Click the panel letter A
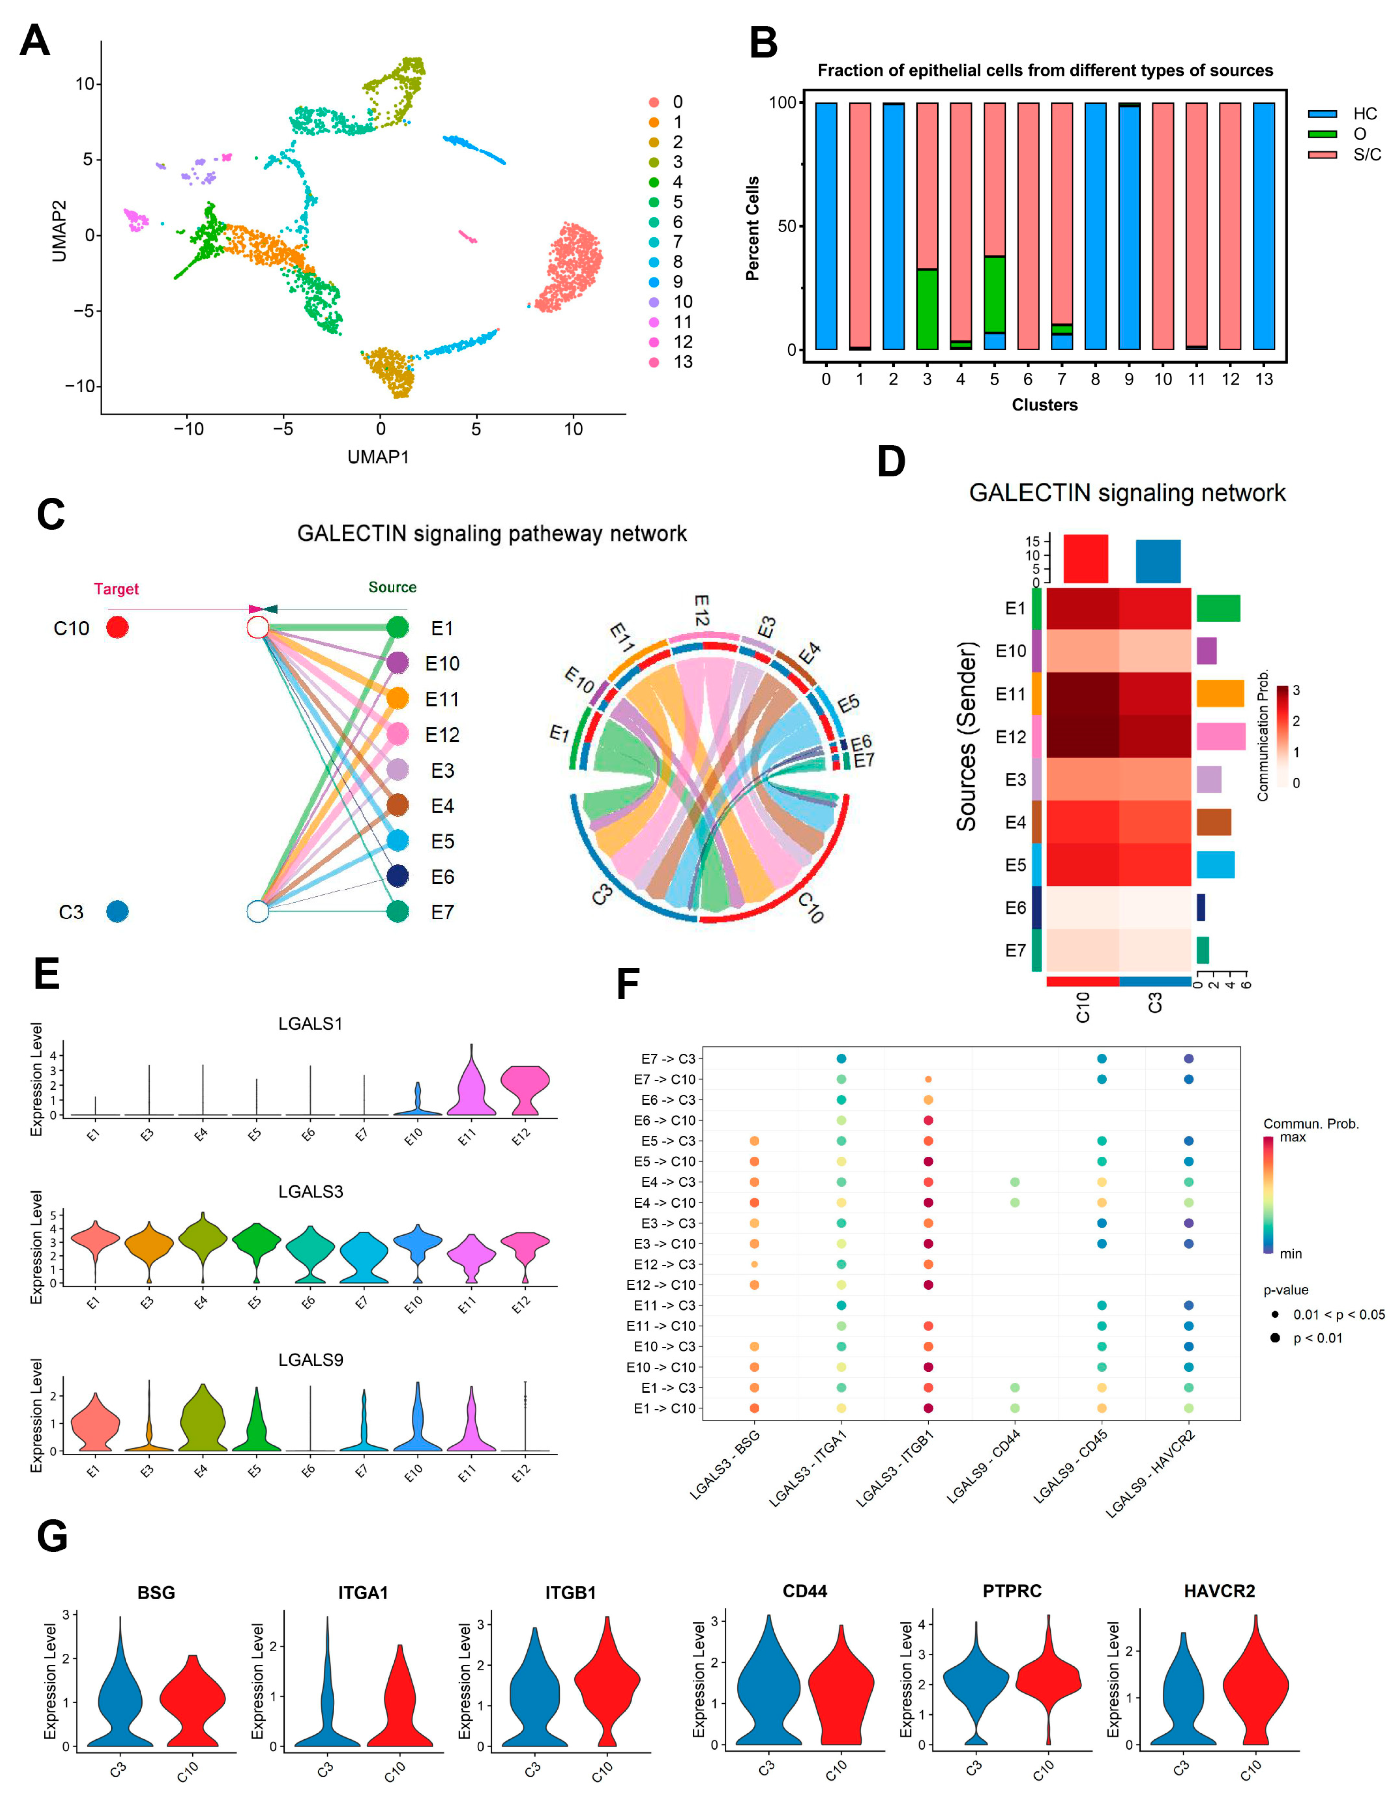coord(35,41)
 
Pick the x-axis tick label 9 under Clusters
coord(1129,379)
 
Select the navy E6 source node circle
coord(397,876)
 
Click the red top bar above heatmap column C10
coord(1085,559)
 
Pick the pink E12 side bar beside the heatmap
coord(1220,736)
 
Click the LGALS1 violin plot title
coord(310,1024)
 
